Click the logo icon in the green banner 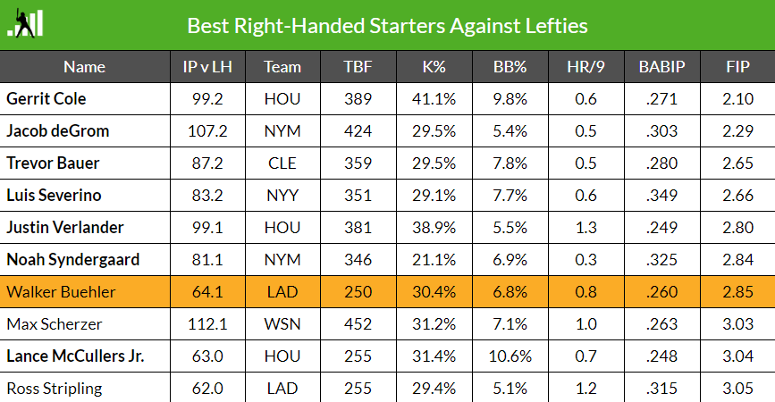coord(26,25)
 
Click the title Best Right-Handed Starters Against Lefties coord(387,25)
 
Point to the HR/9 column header coord(585,67)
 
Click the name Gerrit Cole coord(46,98)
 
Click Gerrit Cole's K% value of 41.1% coord(437,98)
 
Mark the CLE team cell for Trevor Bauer coord(282,163)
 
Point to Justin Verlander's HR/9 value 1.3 coord(585,228)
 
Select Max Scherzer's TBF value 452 coord(358,324)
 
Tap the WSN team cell coord(282,324)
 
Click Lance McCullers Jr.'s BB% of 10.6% coord(512,356)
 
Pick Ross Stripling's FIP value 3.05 coord(737,389)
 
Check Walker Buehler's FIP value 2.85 coord(737,292)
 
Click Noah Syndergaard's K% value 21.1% coord(437,260)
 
